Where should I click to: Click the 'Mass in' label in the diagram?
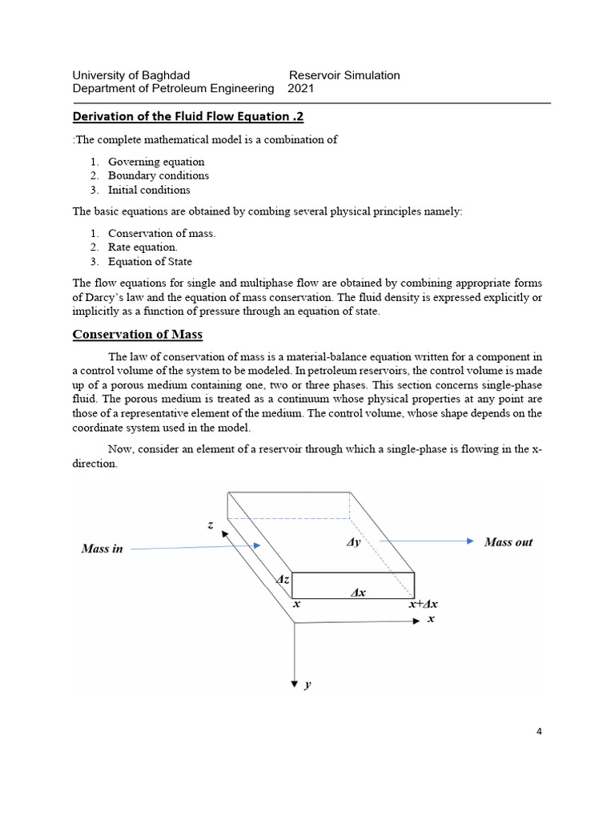[x=102, y=549]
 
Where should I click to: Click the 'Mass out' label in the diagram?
[x=508, y=542]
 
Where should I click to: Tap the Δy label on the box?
[x=353, y=542]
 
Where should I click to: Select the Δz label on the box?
[x=283, y=579]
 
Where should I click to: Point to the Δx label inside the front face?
[x=359, y=593]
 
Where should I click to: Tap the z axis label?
[x=211, y=525]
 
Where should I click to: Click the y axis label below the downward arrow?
[x=308, y=685]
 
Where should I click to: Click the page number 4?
[x=539, y=732]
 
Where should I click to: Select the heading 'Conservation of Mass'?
[x=143, y=334]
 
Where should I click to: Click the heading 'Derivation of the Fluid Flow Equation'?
[x=188, y=117]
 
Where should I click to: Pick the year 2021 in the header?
[x=300, y=89]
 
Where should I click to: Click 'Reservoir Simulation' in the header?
[x=344, y=75]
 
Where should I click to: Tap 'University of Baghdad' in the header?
[x=131, y=75]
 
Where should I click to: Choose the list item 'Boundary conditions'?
[x=159, y=175]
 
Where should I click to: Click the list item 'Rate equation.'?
[x=143, y=247]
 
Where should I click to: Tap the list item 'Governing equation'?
[x=156, y=161]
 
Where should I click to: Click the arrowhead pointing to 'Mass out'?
[x=471, y=541]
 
